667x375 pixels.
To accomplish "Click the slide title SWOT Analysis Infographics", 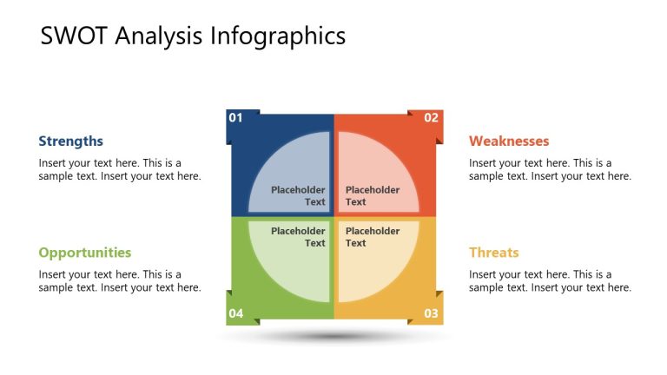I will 193,36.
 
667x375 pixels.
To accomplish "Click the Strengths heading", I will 70,141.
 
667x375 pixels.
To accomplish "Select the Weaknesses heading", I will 509,141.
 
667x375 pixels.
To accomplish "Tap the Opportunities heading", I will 84,253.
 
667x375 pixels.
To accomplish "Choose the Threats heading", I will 493,253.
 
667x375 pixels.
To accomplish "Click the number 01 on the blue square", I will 235,117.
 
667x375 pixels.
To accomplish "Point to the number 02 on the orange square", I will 431,117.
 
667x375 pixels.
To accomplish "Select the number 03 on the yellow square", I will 431,313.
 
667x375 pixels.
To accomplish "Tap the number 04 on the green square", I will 235,313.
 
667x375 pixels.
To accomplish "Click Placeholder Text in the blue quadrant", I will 298,196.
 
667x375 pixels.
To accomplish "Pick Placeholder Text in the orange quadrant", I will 373,196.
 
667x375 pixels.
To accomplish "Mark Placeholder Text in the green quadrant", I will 298,237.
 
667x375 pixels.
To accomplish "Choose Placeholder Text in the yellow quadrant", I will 373,237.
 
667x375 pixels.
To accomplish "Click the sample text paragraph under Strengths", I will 119,169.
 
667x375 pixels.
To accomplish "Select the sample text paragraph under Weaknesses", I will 550,169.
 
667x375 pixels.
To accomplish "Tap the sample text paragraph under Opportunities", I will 119,281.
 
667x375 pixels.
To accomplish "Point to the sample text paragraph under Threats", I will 550,281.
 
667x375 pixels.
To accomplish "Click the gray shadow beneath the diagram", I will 334,336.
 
